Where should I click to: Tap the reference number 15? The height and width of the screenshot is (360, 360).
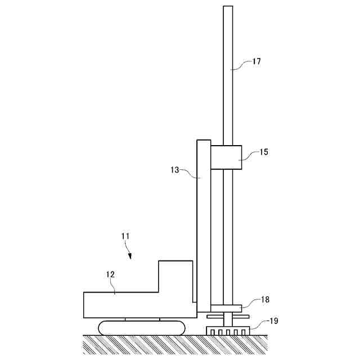click(263, 152)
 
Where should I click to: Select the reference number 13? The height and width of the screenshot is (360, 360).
click(174, 169)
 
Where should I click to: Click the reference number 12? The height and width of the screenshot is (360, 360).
click(110, 274)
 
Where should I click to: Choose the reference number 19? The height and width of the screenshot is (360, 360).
click(273, 322)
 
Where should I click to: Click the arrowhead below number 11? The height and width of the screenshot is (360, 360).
click(130, 256)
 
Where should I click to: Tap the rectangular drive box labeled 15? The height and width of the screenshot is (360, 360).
click(226, 157)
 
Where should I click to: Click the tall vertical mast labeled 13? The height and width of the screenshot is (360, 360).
click(204, 225)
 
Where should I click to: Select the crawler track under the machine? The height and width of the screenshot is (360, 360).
click(142, 327)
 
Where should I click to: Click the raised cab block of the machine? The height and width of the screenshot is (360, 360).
click(175, 276)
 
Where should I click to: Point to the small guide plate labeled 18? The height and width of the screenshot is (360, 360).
click(227, 308)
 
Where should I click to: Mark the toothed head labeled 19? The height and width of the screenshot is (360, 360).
click(228, 331)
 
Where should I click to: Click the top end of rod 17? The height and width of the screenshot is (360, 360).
click(228, 8)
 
